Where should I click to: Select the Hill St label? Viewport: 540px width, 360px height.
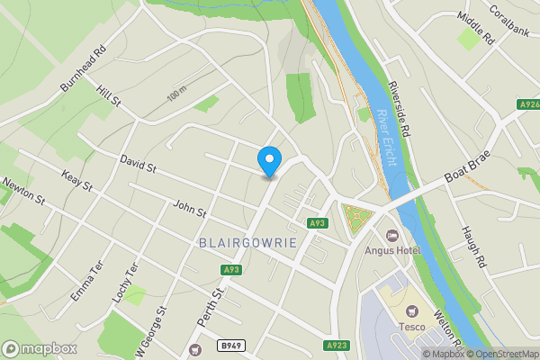pos(107,96)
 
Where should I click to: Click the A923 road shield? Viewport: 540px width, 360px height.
pos(336,345)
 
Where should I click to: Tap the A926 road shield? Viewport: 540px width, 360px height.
pos(529,105)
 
